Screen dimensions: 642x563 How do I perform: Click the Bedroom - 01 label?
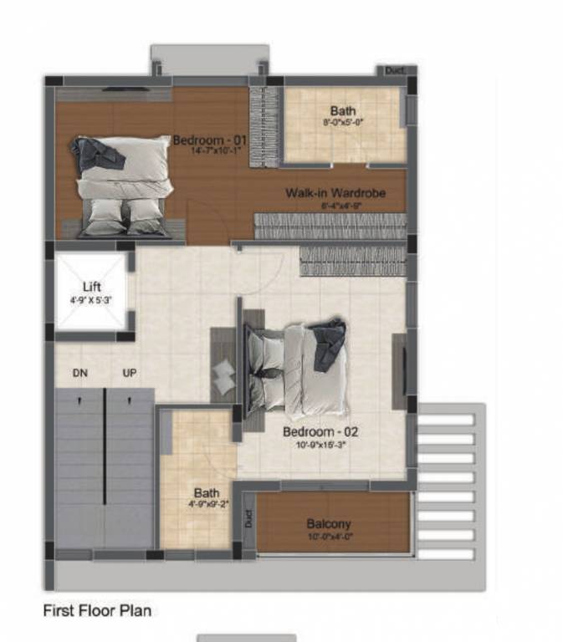tap(210, 140)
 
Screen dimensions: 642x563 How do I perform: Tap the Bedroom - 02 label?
tap(320, 432)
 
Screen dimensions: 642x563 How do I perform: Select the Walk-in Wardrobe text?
tap(335, 193)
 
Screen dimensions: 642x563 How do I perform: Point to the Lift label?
tap(92, 287)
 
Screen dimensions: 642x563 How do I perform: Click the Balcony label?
tap(329, 524)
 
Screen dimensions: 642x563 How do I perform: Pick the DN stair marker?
tap(80, 373)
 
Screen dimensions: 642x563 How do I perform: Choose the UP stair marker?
tap(130, 373)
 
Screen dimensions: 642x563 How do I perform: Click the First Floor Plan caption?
tap(97, 611)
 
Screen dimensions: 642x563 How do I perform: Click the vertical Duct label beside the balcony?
tap(248, 518)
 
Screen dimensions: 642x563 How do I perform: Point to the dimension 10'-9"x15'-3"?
tap(320, 445)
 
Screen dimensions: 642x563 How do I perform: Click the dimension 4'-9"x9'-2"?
tap(207, 504)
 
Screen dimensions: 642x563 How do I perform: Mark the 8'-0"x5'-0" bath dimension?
tap(342, 122)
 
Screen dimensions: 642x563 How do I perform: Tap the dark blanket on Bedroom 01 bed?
tap(94, 155)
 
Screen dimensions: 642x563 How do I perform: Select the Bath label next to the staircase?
tap(207, 493)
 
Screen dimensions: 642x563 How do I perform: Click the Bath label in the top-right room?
tap(342, 110)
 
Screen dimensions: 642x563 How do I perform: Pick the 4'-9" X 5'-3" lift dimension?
tap(92, 298)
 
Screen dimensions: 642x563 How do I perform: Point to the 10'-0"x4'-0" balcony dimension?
tap(329, 536)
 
